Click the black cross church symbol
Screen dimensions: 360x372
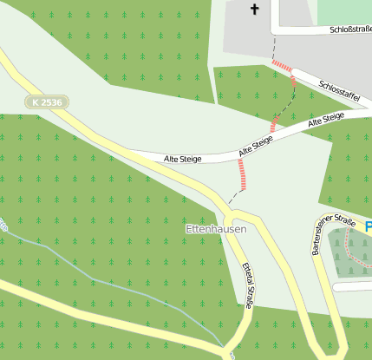pos(255,10)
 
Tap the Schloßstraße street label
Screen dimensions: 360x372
pos(350,29)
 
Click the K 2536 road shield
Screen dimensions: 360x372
pos(47,102)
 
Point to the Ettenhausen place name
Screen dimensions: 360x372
pos(216,229)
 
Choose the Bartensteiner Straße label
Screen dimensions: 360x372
pos(333,237)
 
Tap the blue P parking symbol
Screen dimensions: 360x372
pos(368,227)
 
